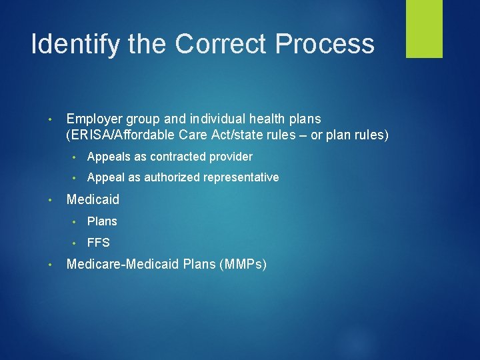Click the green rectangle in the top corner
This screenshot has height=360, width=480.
tap(424, 29)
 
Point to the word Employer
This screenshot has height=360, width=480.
tap(94, 119)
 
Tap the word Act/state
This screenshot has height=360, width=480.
tap(223, 136)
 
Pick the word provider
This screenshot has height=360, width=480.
tap(232, 157)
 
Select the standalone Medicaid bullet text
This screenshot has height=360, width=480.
tap(93, 200)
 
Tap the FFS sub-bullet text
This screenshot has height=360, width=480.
tap(98, 243)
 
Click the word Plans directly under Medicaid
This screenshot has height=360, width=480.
tap(102, 221)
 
